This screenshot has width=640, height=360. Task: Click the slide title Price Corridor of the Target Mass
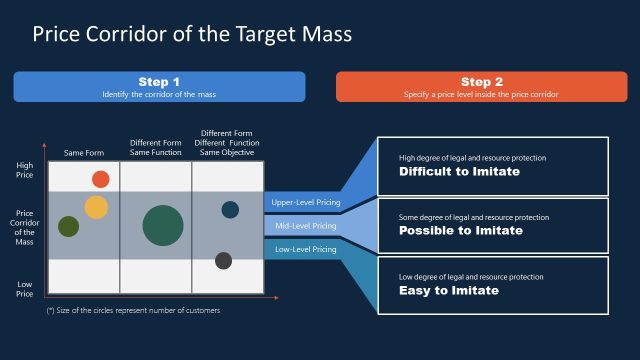(192, 34)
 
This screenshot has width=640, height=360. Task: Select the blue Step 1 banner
(159, 86)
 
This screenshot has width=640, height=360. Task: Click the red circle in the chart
(100, 179)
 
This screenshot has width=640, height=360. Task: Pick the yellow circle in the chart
(95, 207)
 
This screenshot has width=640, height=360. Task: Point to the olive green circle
(68, 226)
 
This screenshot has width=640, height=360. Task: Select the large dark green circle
(162, 225)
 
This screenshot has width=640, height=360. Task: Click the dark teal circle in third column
(230, 209)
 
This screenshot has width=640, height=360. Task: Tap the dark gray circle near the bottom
(223, 261)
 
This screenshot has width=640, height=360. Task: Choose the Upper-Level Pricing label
(306, 203)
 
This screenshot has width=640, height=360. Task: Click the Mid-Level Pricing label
(306, 226)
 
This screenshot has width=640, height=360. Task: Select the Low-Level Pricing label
(306, 249)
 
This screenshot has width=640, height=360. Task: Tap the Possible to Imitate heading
(460, 231)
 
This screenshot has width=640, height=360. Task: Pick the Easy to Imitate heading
(448, 291)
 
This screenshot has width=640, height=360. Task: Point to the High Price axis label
(25, 169)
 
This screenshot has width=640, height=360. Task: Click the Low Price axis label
(25, 289)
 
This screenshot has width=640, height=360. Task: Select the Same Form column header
(83, 153)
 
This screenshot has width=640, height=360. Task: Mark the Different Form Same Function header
(155, 148)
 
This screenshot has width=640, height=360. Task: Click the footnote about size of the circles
(133, 310)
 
